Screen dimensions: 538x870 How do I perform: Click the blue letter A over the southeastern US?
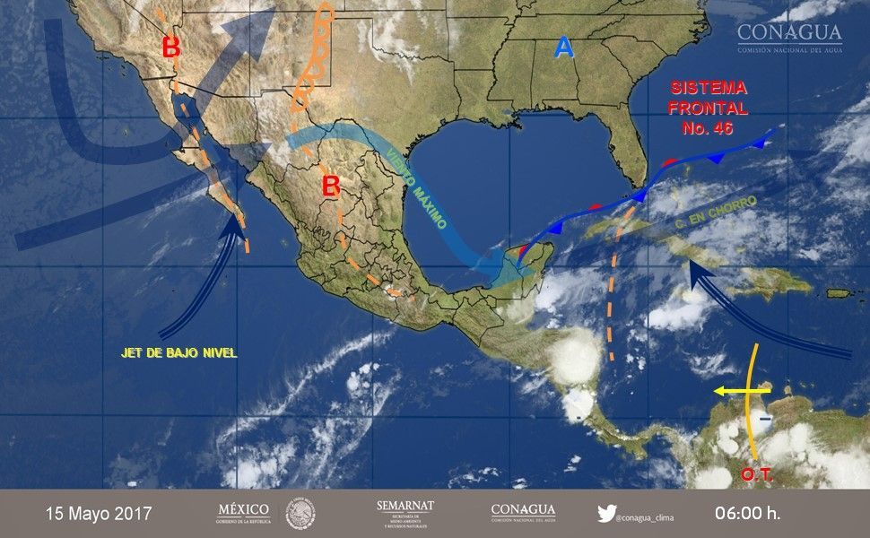pos(563,47)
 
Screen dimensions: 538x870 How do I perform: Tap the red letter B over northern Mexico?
pos(331,186)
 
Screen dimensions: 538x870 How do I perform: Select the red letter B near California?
pos(171,48)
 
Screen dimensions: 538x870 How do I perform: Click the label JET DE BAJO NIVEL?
pos(179,353)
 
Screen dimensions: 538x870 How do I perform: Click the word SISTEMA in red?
pos(709,88)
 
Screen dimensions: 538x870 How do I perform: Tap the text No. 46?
pos(709,126)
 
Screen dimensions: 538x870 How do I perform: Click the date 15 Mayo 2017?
pos(100,515)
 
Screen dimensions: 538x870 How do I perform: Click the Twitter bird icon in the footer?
pos(606,514)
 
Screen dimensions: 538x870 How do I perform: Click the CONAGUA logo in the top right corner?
pos(789,36)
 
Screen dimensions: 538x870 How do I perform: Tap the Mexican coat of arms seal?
pos(300,514)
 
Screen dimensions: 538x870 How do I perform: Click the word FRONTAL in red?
pos(709,108)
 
